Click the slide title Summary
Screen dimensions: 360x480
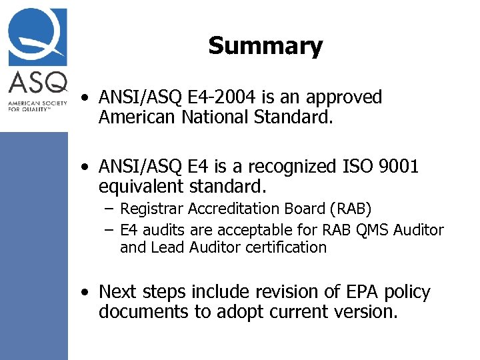265,46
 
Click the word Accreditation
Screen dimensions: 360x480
233,209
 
